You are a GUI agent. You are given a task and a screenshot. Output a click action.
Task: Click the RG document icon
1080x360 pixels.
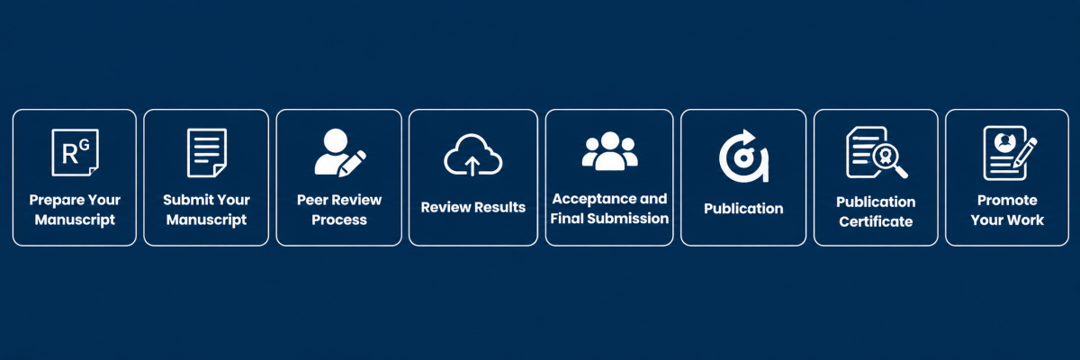click(75, 152)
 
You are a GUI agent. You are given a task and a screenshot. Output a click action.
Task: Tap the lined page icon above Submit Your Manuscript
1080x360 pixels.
click(207, 153)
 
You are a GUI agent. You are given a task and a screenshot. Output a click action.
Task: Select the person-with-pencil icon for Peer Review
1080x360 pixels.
click(340, 152)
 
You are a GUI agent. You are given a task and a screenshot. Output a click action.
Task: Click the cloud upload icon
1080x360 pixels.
click(473, 155)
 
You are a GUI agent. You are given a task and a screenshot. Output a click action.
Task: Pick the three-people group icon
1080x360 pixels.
click(610, 151)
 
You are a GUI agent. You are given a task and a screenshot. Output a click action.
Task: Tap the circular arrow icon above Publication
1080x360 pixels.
click(743, 156)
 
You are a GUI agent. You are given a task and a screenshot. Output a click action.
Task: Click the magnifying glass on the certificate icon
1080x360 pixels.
click(889, 160)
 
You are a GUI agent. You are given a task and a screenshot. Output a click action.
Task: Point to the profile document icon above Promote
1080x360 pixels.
click(1010, 153)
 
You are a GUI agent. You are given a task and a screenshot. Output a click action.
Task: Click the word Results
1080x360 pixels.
click(500, 207)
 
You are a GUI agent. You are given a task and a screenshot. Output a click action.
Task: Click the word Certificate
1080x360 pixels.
click(876, 221)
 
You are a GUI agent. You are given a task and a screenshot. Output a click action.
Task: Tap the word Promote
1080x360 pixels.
click(1007, 201)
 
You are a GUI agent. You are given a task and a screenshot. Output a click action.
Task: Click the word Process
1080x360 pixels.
click(339, 220)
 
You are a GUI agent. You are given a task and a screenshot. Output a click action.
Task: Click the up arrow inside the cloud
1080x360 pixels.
click(472, 166)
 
